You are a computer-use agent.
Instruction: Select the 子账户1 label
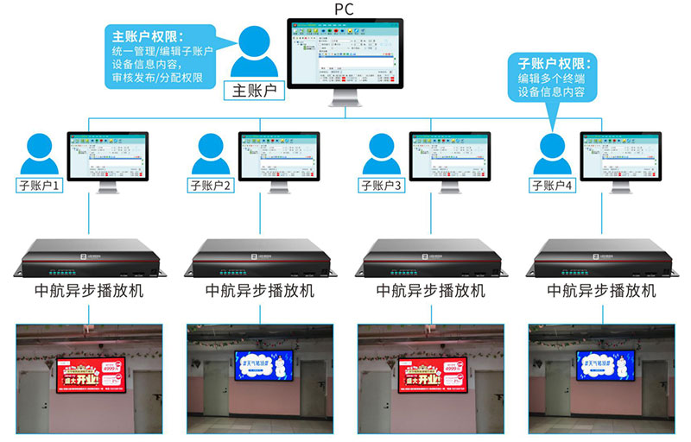(x=40, y=185)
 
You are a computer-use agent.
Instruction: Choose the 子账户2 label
(x=211, y=185)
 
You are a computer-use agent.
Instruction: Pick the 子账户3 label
(x=382, y=185)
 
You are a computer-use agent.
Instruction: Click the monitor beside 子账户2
(x=278, y=155)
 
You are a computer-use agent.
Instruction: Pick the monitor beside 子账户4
(x=620, y=155)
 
